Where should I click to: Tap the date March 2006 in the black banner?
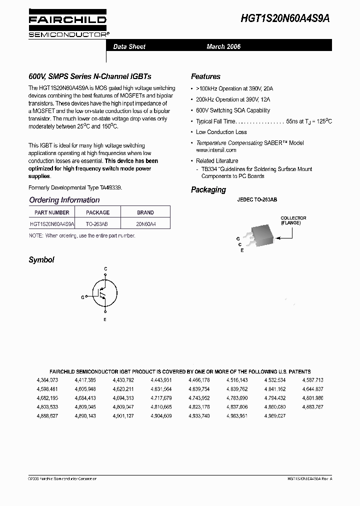(x=223, y=46)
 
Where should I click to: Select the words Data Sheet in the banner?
(x=129, y=46)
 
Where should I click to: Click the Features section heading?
(x=205, y=76)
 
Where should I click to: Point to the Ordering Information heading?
(x=64, y=200)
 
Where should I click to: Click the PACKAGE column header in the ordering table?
(x=97, y=212)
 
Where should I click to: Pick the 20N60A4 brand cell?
(x=145, y=224)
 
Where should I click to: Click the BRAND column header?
(x=145, y=212)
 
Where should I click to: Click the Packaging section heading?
(x=208, y=190)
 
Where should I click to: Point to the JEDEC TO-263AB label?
(x=257, y=199)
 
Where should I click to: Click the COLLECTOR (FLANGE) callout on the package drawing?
(x=293, y=220)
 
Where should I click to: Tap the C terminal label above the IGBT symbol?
(x=105, y=269)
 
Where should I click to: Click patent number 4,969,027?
(x=275, y=416)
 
